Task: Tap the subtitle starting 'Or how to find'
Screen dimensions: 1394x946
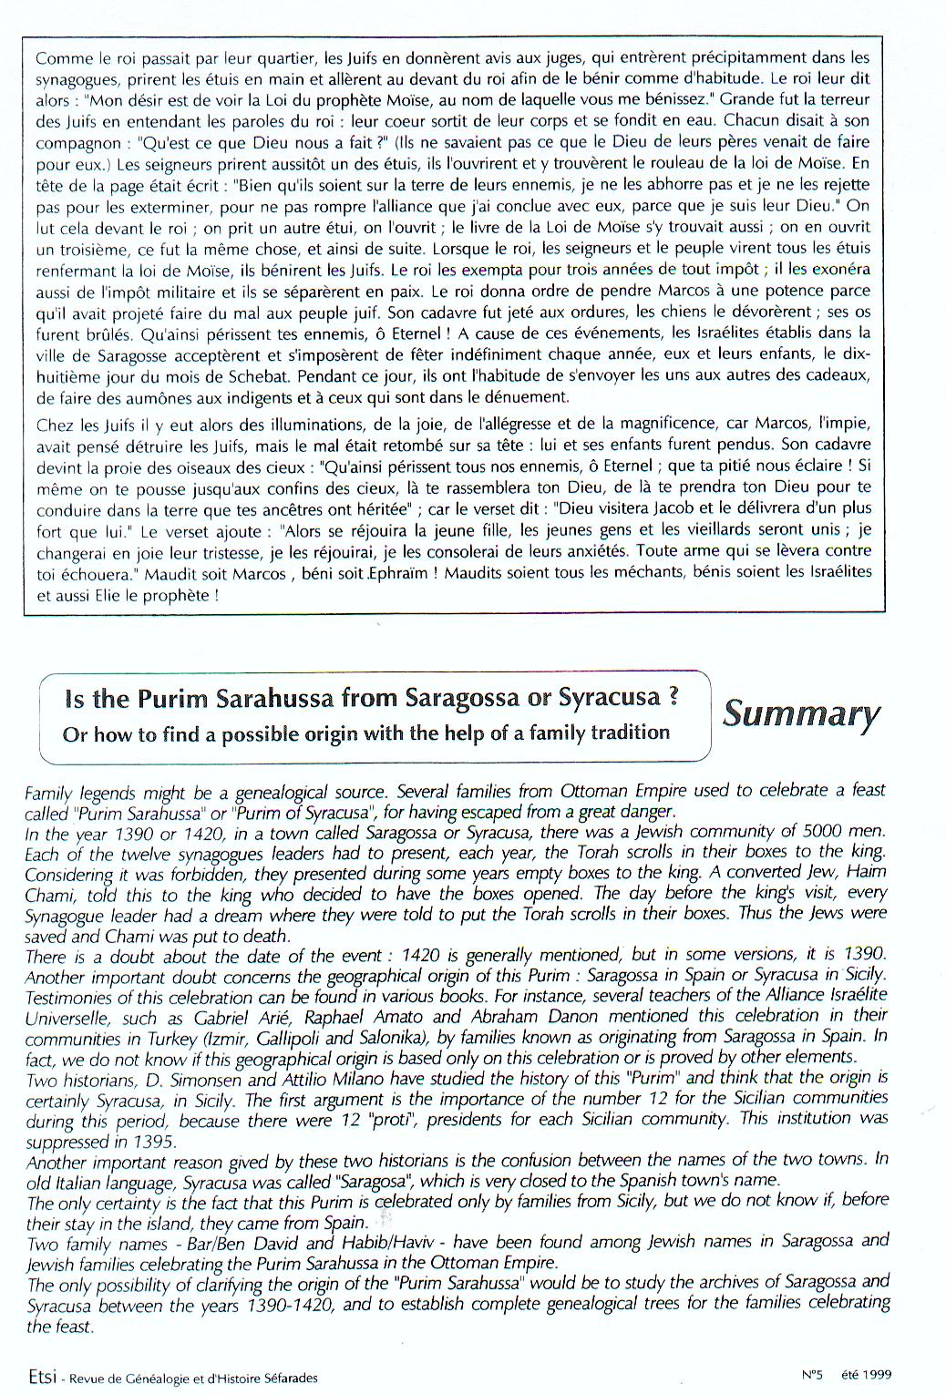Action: coord(365,733)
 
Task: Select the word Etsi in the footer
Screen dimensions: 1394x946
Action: coord(39,1377)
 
